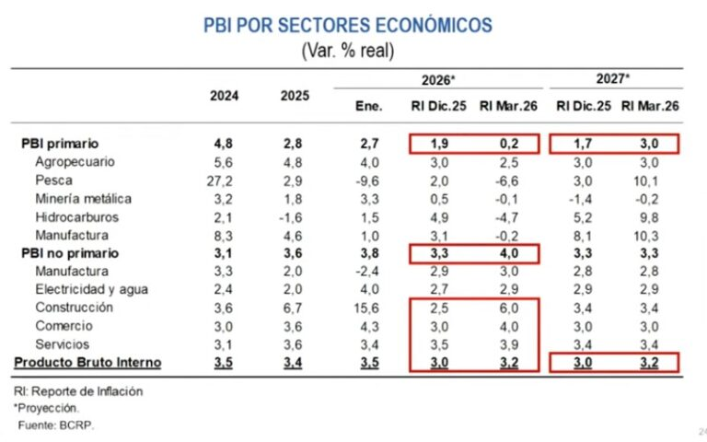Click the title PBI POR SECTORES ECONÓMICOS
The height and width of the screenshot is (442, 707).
click(x=348, y=25)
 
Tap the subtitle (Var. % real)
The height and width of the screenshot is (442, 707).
click(x=348, y=50)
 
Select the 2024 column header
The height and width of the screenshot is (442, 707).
click(x=224, y=96)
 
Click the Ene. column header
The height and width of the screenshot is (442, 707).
click(x=369, y=106)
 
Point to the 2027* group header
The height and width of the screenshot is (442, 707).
click(x=613, y=78)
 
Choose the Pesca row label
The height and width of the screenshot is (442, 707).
click(x=53, y=180)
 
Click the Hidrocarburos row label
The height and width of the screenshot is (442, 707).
click(x=76, y=217)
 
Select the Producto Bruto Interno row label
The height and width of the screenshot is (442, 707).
click(x=87, y=362)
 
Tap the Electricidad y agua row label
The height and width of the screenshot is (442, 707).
click(x=91, y=289)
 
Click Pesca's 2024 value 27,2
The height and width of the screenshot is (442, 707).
click(x=220, y=180)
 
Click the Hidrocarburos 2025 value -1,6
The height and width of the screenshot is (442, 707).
click(x=290, y=217)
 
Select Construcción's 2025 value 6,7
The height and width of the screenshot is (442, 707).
click(x=293, y=308)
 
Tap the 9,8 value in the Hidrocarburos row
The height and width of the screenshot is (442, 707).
click(x=649, y=217)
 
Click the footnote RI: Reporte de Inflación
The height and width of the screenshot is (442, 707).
click(x=78, y=391)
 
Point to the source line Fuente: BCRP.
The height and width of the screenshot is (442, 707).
click(x=56, y=425)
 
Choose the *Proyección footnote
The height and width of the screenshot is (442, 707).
click(x=46, y=408)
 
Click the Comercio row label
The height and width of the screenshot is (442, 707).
click(x=64, y=326)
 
